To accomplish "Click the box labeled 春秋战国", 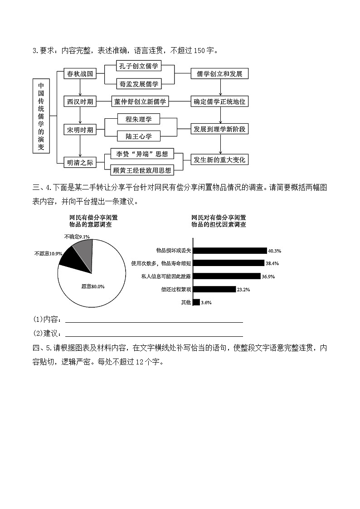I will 80,74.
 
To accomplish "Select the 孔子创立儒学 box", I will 139,66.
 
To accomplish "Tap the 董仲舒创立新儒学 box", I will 140,102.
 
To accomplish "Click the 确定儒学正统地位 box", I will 220,102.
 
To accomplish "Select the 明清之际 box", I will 80,163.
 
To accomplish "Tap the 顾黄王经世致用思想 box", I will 141,170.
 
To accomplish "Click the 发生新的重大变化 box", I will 220,160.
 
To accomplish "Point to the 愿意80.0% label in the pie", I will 93,286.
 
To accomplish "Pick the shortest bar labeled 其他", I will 196,302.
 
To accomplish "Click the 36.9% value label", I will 268,276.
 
